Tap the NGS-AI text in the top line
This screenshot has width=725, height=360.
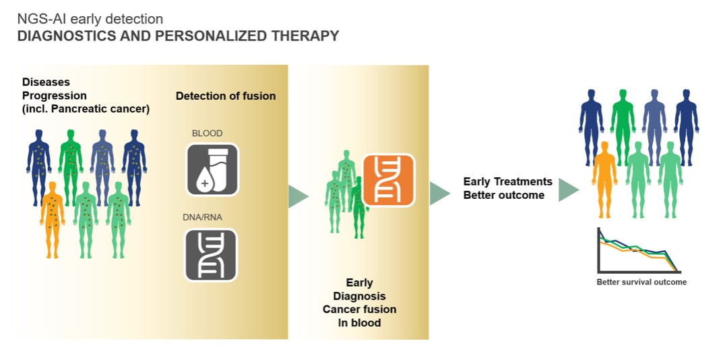pos(39,20)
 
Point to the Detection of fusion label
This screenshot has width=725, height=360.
pos(226,96)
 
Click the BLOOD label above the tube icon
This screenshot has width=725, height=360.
pos(207,133)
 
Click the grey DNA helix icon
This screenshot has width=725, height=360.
pos(212,254)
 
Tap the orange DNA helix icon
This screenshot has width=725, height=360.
pos(389,179)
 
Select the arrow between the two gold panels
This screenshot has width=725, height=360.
pos(298,196)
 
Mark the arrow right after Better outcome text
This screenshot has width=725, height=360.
pos(569,190)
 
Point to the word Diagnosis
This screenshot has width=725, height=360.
pos(359,296)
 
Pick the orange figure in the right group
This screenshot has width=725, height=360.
pos(604,179)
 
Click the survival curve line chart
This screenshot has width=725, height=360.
pos(640,251)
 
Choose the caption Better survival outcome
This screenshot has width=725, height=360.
pos(641,282)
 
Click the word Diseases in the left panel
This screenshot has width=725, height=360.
pos(46,82)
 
